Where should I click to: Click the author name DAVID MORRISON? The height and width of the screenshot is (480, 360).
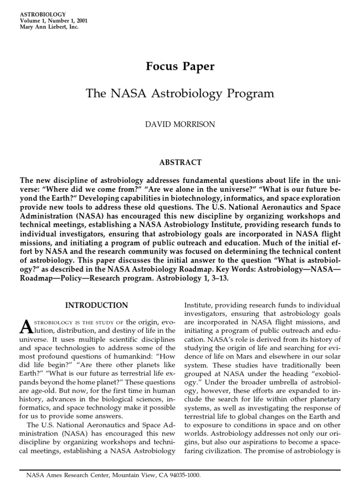[x=180, y=125]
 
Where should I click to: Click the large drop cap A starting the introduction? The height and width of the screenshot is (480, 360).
[x=26, y=326]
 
